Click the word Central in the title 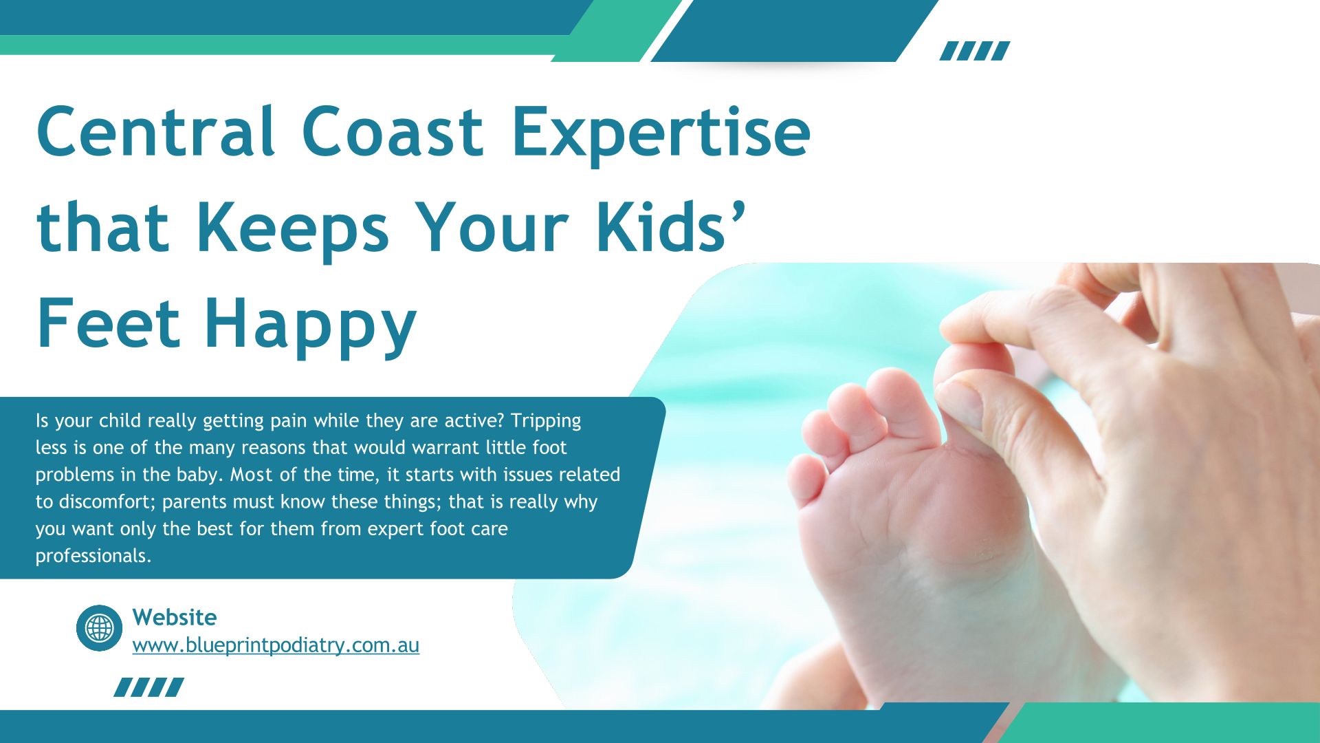coord(156,131)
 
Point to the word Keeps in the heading coord(293,226)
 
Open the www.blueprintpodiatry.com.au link coord(276,646)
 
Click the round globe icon coord(99,628)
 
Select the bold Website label coord(175,617)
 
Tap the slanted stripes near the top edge coord(975,51)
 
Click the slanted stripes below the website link coord(148,687)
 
